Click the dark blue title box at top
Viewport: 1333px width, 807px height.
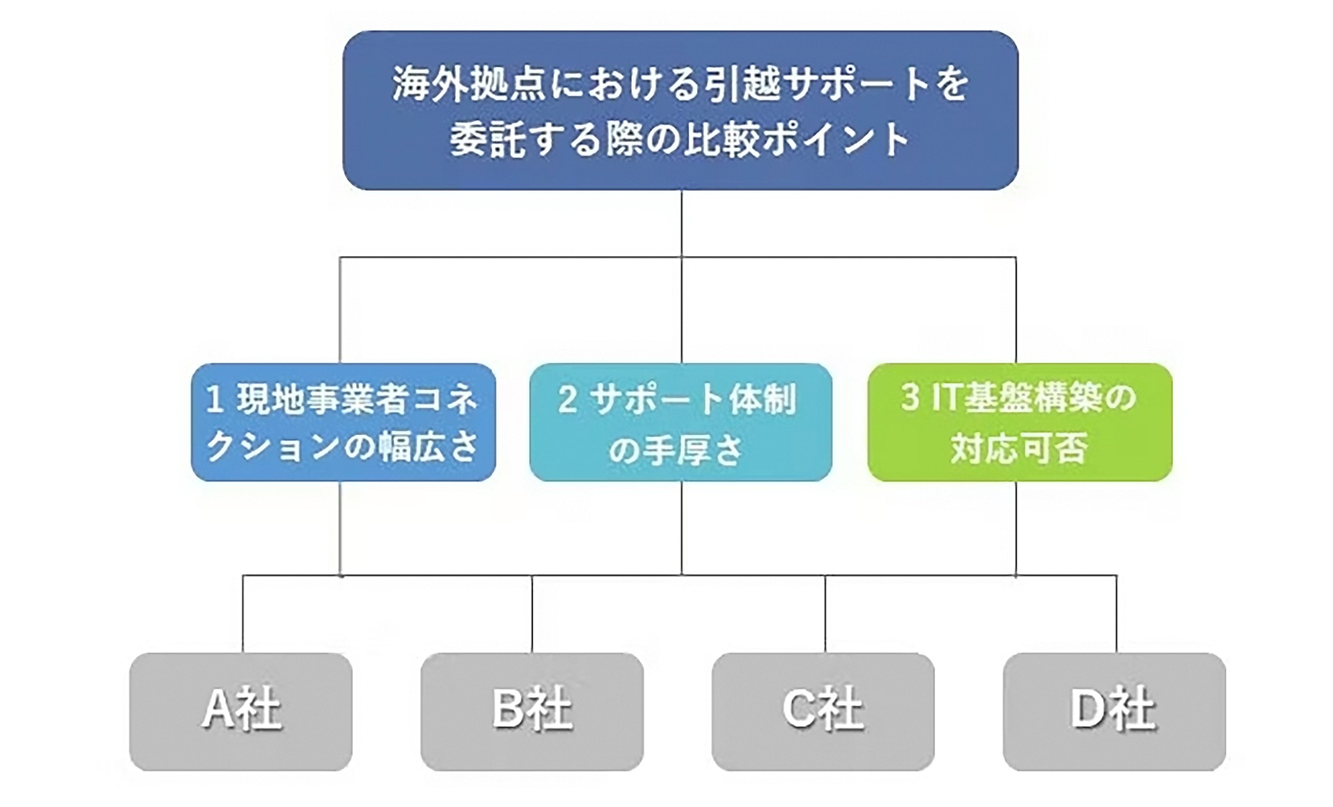pos(680,110)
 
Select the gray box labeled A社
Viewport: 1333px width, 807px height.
pos(241,711)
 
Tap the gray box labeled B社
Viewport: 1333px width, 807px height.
pos(532,711)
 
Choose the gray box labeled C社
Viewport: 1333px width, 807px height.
pos(823,711)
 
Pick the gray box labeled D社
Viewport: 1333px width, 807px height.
pos(1114,711)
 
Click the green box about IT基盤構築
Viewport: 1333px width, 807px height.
pos(1019,422)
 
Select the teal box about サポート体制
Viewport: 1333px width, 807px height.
pos(680,422)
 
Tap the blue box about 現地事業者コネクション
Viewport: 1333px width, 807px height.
pos(343,422)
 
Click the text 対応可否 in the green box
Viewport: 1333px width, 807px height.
pos(1019,448)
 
